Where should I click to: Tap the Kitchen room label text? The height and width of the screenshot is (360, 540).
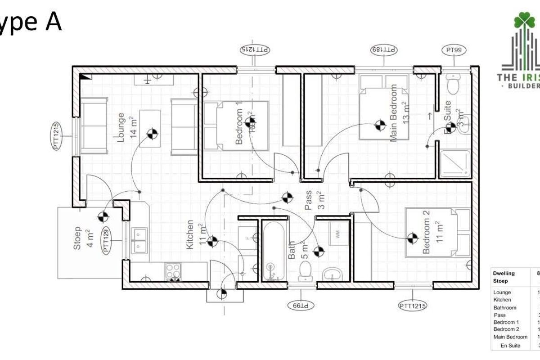(190, 234)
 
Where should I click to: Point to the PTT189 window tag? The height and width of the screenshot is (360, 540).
(384, 49)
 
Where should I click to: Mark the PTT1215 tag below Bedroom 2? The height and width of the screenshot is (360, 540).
(413, 306)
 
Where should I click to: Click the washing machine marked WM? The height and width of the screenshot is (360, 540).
(337, 234)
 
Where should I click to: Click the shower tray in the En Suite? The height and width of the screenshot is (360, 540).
(455, 163)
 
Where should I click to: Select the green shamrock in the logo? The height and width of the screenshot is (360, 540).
(523, 20)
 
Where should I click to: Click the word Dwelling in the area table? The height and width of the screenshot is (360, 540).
(504, 273)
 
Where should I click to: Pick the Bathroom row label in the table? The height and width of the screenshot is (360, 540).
(505, 308)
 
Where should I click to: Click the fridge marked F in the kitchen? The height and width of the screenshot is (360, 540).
(247, 237)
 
